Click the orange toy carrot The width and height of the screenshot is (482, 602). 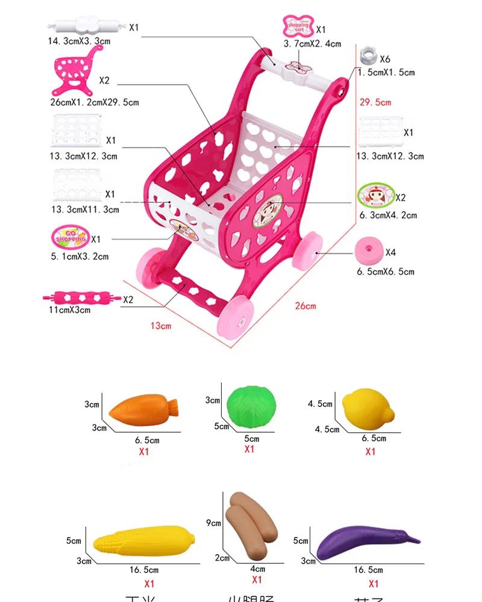(x=145, y=410)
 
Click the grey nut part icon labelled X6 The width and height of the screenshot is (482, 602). (x=367, y=57)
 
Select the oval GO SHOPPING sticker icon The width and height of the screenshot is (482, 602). (x=72, y=237)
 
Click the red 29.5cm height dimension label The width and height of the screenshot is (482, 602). (x=375, y=102)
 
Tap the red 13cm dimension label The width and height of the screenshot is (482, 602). (x=161, y=326)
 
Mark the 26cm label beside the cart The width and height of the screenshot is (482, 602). (x=305, y=306)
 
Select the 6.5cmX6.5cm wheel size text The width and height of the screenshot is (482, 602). (x=386, y=272)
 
